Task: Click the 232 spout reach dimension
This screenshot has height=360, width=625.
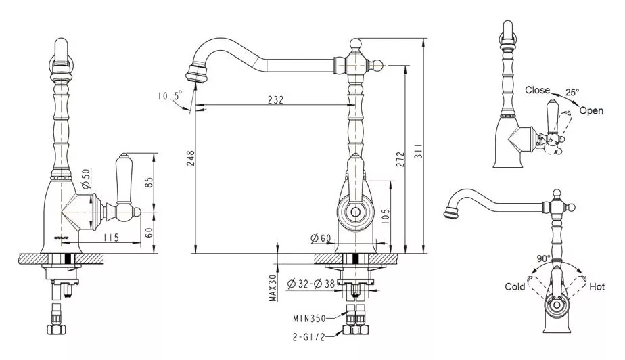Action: [x=275, y=99]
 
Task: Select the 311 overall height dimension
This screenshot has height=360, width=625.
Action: [x=419, y=151]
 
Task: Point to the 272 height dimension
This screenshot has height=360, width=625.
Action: [x=400, y=159]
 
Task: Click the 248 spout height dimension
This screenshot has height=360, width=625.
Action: [x=191, y=158]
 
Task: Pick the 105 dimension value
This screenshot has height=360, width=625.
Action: [x=385, y=217]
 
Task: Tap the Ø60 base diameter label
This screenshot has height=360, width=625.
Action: [x=321, y=238]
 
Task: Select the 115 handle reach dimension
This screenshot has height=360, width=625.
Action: [x=111, y=238]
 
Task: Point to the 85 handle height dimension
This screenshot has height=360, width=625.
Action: [x=148, y=183]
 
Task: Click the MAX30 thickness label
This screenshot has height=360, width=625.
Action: [x=273, y=288]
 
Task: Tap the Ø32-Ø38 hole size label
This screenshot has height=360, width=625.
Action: [x=311, y=284]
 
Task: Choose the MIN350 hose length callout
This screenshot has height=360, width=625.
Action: [x=309, y=319]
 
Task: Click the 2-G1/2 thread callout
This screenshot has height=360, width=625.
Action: [x=308, y=337]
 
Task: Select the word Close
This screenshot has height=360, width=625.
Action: [x=537, y=90]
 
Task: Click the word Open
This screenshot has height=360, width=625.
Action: [x=591, y=111]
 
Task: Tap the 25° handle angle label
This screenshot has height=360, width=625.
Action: [x=572, y=92]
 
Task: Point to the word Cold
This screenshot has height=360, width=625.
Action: [x=515, y=287]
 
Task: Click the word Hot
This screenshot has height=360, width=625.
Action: [x=597, y=286]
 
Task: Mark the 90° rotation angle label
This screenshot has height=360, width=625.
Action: [x=543, y=258]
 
